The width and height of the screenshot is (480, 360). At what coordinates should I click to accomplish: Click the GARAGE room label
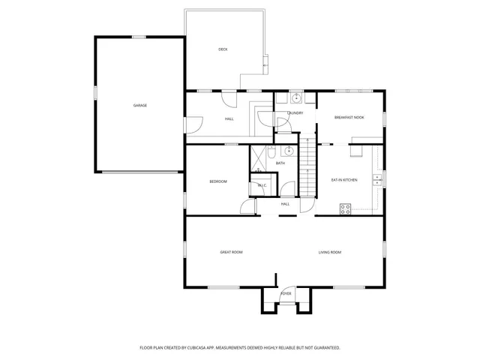(139, 105)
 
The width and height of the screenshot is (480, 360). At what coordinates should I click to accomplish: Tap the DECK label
(223, 49)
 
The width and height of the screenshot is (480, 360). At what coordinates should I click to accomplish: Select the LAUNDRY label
(295, 113)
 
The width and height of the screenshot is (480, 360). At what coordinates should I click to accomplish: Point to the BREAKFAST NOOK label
(349, 118)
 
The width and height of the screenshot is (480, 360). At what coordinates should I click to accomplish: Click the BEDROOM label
(217, 181)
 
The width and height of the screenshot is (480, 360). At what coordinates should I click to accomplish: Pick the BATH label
(280, 163)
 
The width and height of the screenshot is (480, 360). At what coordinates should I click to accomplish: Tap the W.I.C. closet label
(262, 185)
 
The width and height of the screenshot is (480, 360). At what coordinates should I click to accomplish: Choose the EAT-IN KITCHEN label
(344, 180)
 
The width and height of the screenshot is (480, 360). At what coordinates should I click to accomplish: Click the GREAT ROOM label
(231, 252)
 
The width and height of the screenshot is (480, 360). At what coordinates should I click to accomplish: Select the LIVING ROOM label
(330, 252)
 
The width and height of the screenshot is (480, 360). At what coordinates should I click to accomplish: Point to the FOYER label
(286, 293)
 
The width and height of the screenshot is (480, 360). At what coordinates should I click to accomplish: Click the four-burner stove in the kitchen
(346, 209)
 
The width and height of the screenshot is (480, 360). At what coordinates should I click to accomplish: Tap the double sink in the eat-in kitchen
(379, 179)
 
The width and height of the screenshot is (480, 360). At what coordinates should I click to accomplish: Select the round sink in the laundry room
(296, 98)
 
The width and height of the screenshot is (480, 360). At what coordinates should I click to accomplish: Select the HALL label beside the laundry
(229, 119)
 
